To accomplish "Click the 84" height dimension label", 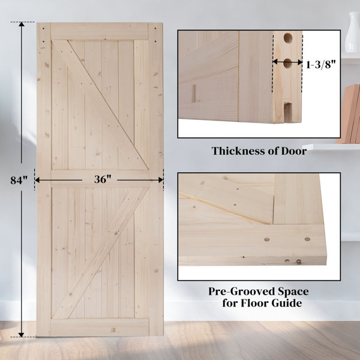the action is point(19,180).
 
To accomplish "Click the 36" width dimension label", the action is point(103,179).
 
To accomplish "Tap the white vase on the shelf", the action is point(353,32).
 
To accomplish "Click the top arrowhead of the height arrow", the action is point(22,25).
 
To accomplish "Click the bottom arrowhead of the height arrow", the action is point(22,335).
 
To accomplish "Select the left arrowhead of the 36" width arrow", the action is point(37,180).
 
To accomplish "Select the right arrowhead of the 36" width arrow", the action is point(161,180).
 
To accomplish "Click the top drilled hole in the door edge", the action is point(287,38).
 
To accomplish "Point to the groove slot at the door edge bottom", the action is point(288,112).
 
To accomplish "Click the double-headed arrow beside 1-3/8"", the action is point(287,62).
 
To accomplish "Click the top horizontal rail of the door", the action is point(100,31).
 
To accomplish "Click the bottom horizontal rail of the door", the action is point(100,327).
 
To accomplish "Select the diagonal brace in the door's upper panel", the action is point(100,105).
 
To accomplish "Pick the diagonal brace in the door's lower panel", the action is point(101,253).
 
